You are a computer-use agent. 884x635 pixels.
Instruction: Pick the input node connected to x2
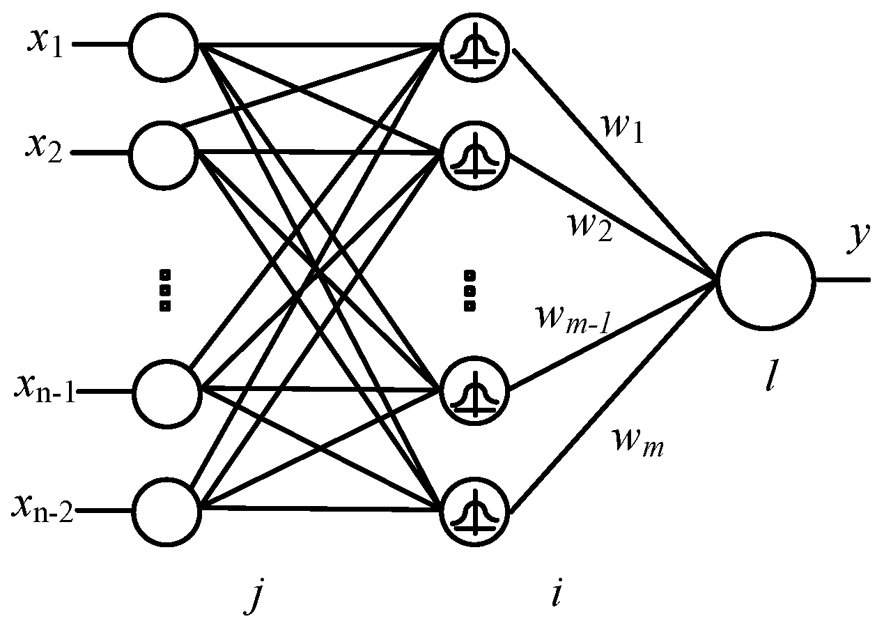(165, 153)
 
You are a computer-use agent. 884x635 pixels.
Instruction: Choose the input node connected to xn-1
(165, 392)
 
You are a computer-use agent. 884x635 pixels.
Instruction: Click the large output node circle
(765, 280)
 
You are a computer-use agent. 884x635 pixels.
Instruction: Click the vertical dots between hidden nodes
(468, 290)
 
